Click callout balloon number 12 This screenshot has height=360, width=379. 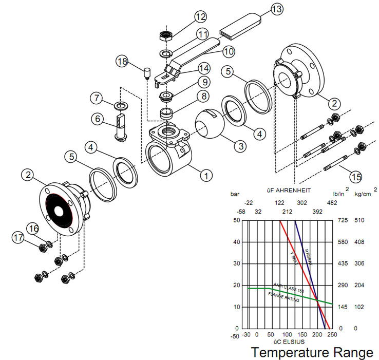[x=199, y=17]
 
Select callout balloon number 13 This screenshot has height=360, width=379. [x=276, y=9]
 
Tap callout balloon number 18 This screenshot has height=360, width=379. [x=122, y=62]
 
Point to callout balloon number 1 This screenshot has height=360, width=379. [x=206, y=176]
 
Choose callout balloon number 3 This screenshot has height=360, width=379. [x=239, y=145]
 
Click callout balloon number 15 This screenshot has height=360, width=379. [x=355, y=176]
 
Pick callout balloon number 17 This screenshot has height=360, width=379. [x=19, y=238]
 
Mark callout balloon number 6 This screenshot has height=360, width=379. [x=97, y=118]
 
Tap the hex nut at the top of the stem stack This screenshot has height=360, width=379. [x=165, y=36]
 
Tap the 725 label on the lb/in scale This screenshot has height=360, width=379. [x=343, y=220]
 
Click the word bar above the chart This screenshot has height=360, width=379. [x=235, y=195]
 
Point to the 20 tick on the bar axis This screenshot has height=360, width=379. [x=236, y=285]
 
